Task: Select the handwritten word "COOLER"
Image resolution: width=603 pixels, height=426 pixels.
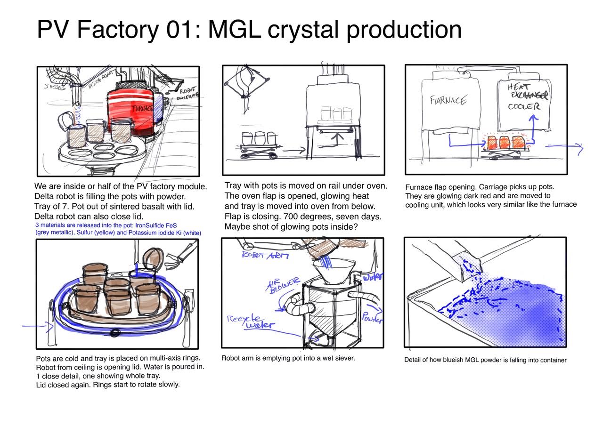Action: (x=523, y=106)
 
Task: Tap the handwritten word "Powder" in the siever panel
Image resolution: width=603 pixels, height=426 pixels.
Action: (x=372, y=314)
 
